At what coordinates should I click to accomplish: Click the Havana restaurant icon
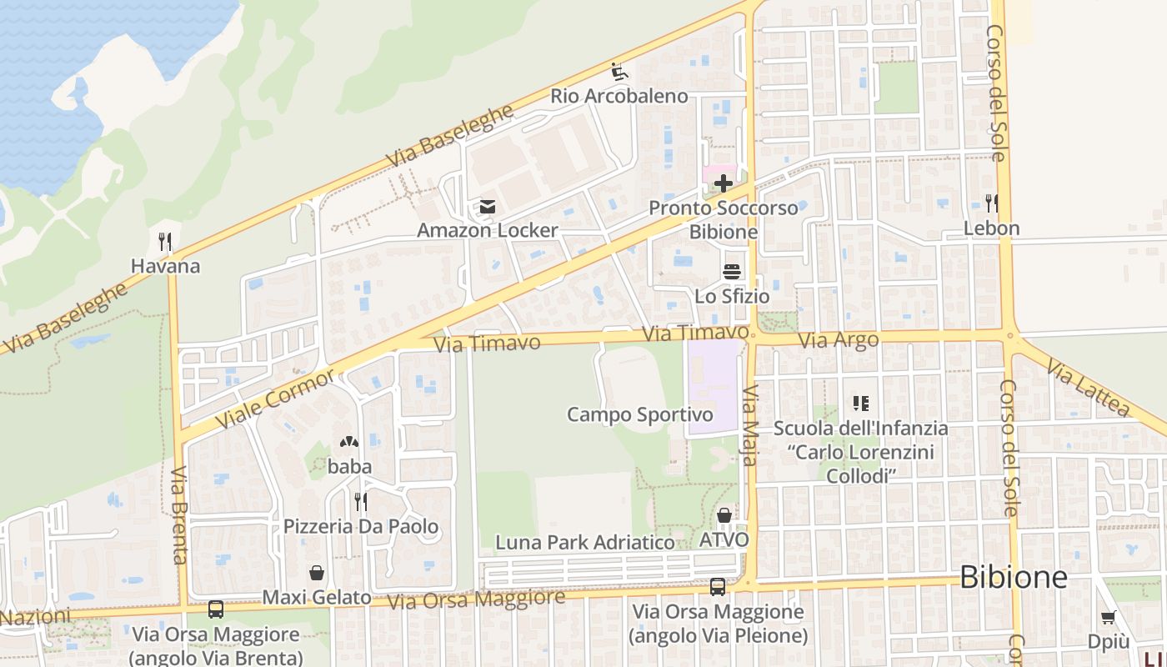click(165, 243)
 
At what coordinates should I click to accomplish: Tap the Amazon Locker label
click(487, 230)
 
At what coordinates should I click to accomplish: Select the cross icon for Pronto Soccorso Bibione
click(723, 183)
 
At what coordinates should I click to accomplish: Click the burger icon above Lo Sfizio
click(732, 272)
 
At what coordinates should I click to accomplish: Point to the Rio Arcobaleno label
click(619, 96)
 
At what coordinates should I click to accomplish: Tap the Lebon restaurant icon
click(991, 203)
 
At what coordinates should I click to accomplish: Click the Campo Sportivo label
click(639, 414)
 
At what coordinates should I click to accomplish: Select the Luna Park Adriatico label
click(584, 542)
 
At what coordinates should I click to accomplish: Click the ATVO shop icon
click(724, 516)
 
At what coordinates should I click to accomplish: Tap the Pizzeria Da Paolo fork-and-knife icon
click(360, 501)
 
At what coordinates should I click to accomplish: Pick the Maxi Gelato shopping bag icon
click(317, 573)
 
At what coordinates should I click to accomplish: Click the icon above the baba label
click(348, 443)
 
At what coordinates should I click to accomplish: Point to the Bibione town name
click(1013, 577)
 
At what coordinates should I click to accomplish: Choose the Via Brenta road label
click(178, 515)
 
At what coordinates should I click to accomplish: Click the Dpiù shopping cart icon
click(1108, 618)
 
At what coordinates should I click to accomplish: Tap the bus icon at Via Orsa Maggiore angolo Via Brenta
click(216, 609)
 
